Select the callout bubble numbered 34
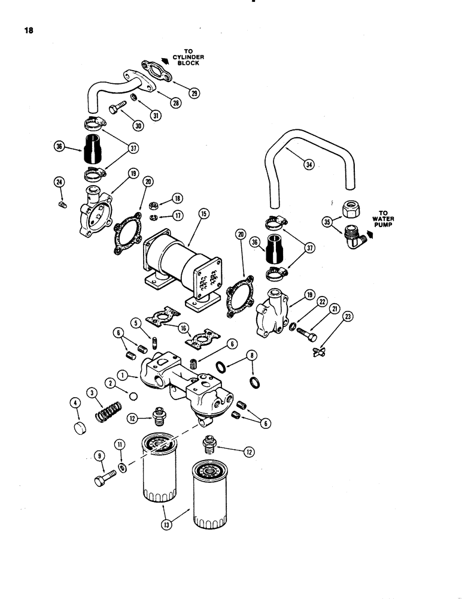(x=308, y=166)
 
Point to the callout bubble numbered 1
(x=122, y=376)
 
